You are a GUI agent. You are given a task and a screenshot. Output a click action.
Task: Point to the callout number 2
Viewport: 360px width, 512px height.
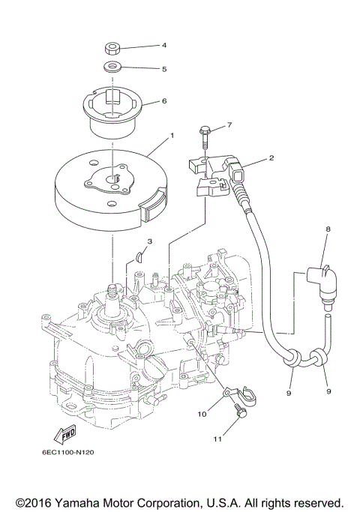click(271, 158)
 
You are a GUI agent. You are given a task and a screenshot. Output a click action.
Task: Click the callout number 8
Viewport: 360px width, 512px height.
click(327, 228)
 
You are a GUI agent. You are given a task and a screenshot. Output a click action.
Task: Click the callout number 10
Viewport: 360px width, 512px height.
click(201, 413)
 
